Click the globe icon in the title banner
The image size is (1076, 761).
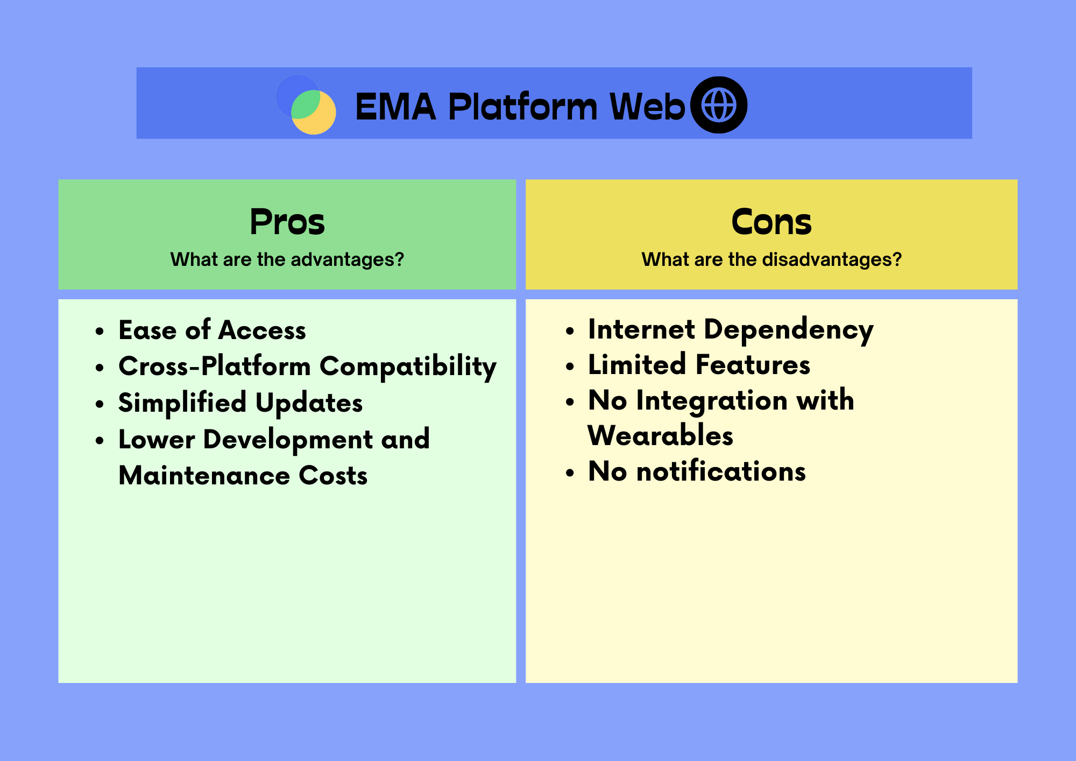click(x=719, y=105)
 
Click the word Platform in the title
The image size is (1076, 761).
click(x=522, y=107)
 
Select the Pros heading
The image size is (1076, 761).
click(x=287, y=222)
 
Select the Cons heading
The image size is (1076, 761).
click(x=771, y=222)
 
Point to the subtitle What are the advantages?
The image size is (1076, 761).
click(x=287, y=259)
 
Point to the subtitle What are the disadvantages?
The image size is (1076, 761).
click(x=771, y=259)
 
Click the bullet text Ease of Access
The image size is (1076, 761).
click(x=212, y=330)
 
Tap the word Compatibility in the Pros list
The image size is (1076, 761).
click(x=408, y=367)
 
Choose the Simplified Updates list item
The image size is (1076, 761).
click(x=240, y=403)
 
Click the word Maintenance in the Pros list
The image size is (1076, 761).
click(x=204, y=476)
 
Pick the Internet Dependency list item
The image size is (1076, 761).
click(x=730, y=329)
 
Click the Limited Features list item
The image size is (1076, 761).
click(x=699, y=365)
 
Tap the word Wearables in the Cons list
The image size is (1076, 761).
click(x=660, y=435)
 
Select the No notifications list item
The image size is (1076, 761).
click(x=697, y=471)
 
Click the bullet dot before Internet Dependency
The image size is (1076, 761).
click(x=570, y=332)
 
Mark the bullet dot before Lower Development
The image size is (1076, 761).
click(x=100, y=441)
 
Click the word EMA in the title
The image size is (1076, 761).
click(x=395, y=107)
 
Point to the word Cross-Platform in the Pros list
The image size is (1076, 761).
click(x=214, y=367)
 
